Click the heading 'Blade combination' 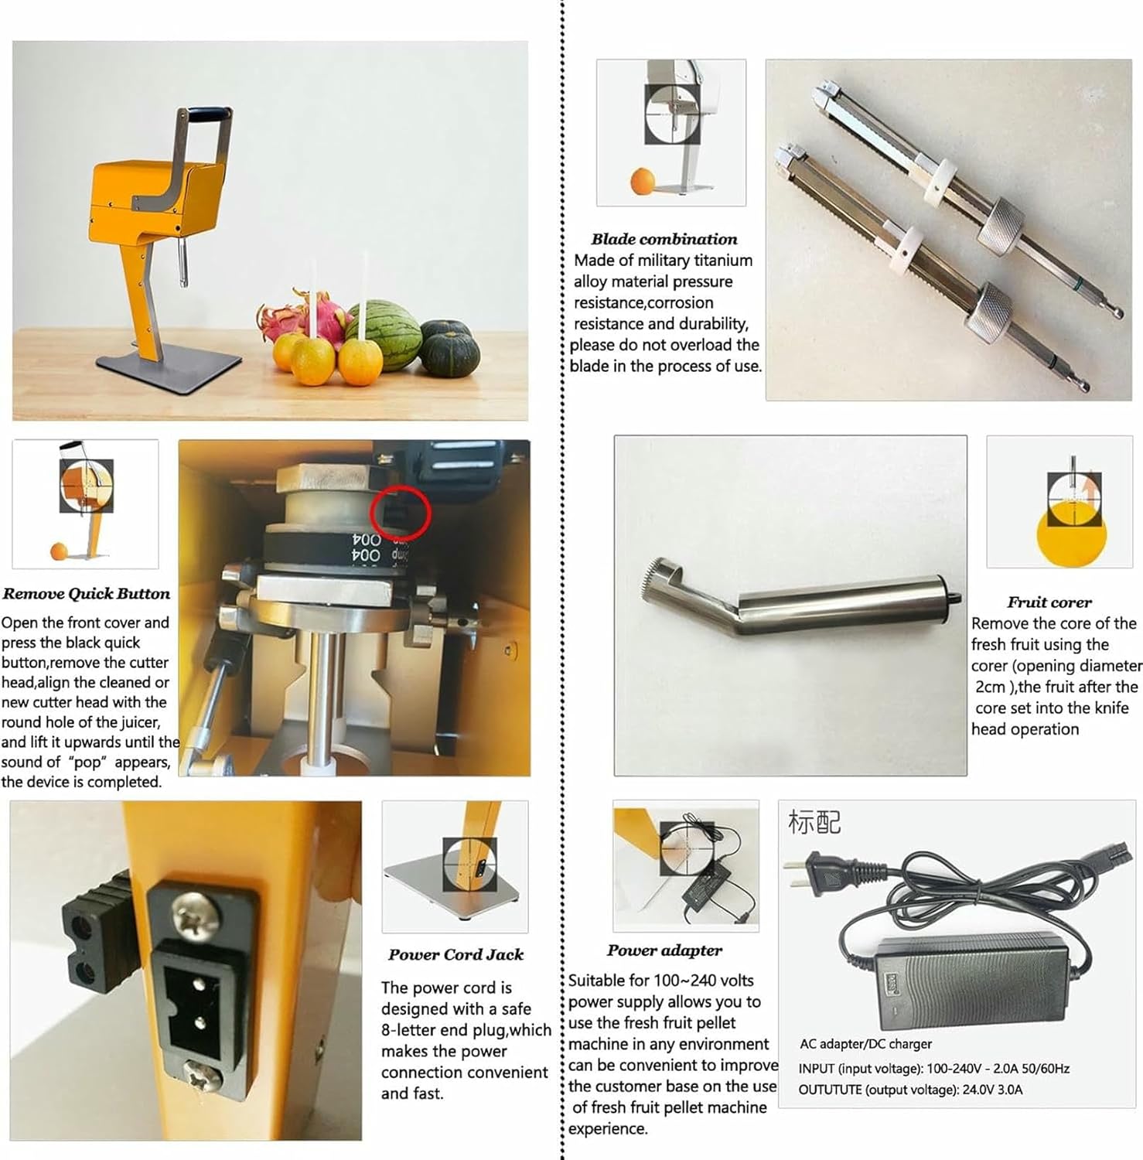click(x=664, y=239)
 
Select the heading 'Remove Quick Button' click(x=86, y=594)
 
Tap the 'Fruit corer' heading click(x=1049, y=602)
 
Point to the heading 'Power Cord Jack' click(x=456, y=955)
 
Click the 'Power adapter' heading click(x=664, y=950)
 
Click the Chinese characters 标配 click(x=814, y=822)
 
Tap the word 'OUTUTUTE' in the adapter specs click(x=830, y=1090)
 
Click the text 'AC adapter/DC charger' click(x=865, y=1044)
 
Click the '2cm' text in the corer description click(x=990, y=687)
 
